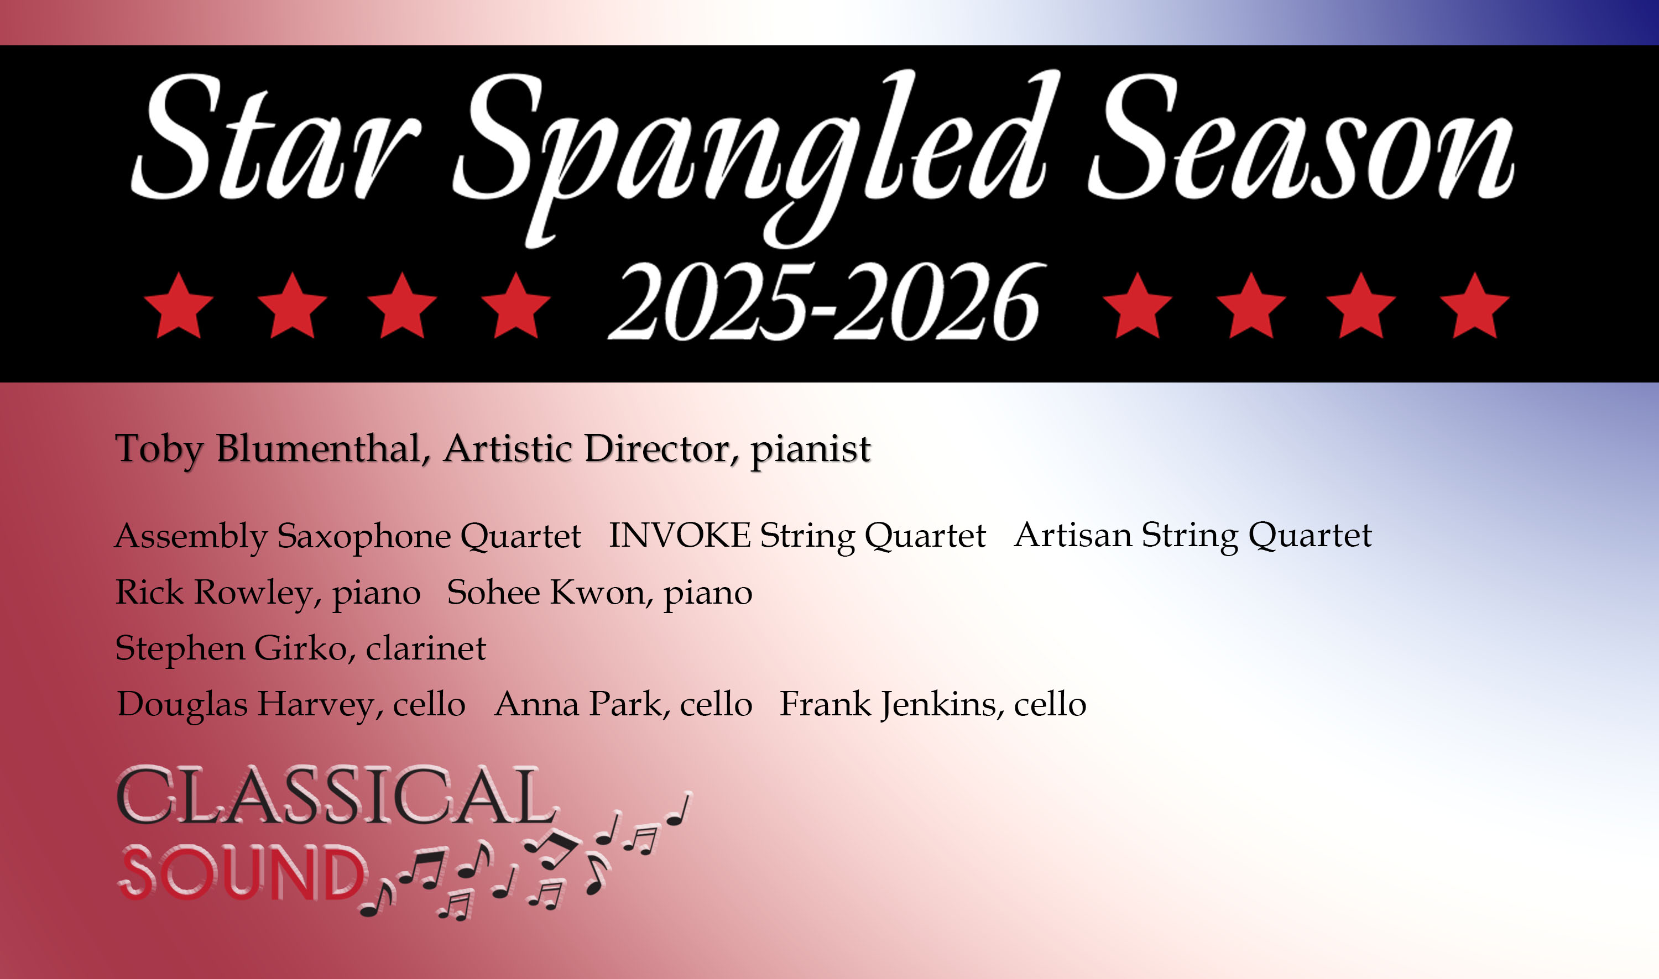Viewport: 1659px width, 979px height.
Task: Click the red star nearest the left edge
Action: [x=178, y=306]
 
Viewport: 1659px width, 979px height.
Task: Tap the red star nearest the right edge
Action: [x=1474, y=306]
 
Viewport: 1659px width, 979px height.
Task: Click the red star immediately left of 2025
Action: [x=515, y=306]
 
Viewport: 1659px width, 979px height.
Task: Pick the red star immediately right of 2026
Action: [x=1137, y=306]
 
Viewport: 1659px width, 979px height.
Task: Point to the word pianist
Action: [x=810, y=450]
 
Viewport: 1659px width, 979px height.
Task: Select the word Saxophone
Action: [x=362, y=536]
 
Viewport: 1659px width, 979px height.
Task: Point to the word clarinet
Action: [x=426, y=648]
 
